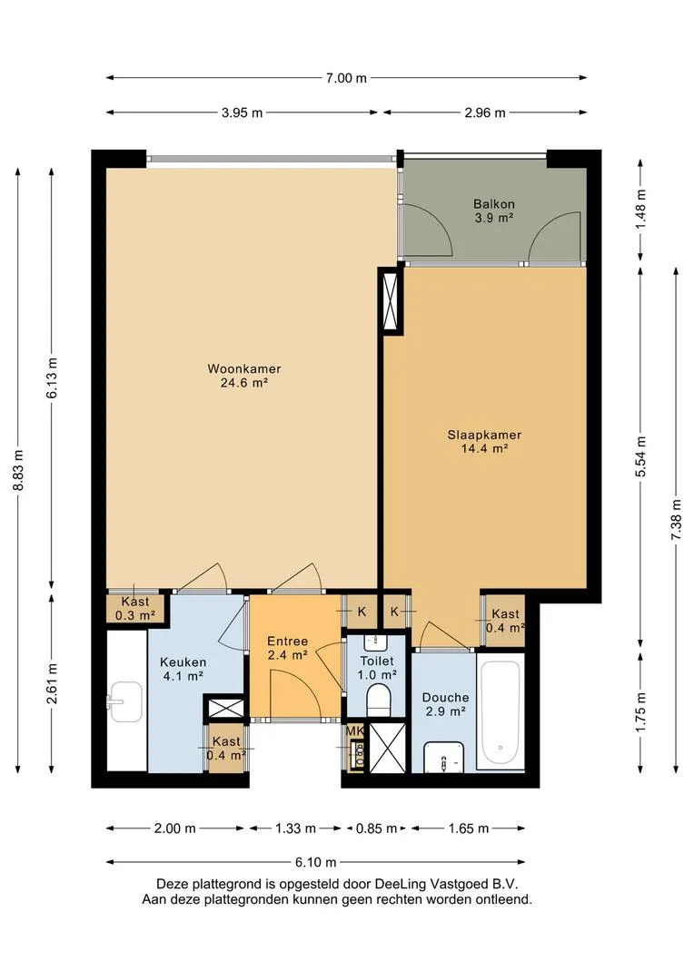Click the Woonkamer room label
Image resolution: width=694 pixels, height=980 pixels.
pyautogui.click(x=244, y=368)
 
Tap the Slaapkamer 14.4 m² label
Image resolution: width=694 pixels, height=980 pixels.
pyautogui.click(x=484, y=442)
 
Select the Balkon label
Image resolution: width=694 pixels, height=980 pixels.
pyautogui.click(x=494, y=204)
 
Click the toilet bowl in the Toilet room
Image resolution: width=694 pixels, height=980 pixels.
pyautogui.click(x=378, y=699)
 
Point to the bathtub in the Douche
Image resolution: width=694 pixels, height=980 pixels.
pyautogui.click(x=500, y=712)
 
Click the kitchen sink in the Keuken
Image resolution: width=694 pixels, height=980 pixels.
pyautogui.click(x=125, y=701)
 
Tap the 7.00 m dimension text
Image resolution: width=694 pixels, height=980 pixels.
pyautogui.click(x=346, y=78)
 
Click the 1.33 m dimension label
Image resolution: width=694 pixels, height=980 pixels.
pyautogui.click(x=295, y=828)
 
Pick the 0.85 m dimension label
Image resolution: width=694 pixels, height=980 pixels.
pyautogui.click(x=376, y=828)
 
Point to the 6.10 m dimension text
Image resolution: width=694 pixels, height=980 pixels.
pyautogui.click(x=316, y=863)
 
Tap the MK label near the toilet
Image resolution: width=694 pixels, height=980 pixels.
pyautogui.click(x=354, y=730)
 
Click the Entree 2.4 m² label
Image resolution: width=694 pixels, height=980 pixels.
pyautogui.click(x=287, y=648)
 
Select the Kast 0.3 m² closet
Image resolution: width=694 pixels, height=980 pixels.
pyautogui.click(x=135, y=608)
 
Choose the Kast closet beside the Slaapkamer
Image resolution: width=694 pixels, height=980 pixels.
pyautogui.click(x=504, y=621)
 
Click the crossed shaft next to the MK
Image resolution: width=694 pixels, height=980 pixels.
pyautogui.click(x=388, y=748)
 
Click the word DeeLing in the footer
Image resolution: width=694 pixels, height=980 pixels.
pyautogui.click(x=400, y=885)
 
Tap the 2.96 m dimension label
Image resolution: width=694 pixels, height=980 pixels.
pyautogui.click(x=485, y=113)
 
